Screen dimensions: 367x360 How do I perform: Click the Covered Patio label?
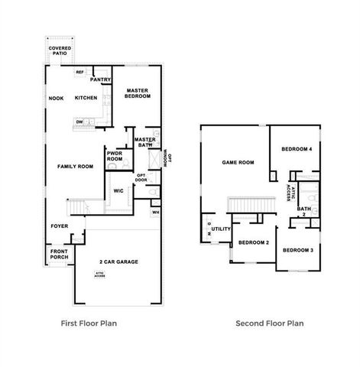point(60,50)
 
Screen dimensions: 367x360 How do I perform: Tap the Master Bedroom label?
point(138,93)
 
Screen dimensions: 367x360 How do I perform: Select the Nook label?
point(56,98)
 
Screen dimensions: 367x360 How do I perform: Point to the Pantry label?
point(101,79)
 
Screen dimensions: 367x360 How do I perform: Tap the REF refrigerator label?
point(79,73)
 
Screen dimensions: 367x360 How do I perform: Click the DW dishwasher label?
point(79,122)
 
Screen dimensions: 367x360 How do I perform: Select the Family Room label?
point(75,166)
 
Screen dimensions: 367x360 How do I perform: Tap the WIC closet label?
point(118,190)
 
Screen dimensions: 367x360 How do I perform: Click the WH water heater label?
point(155,212)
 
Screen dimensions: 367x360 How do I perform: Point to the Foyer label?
point(60,226)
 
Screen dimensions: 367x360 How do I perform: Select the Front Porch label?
point(60,254)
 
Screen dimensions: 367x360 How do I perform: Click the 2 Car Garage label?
point(118,261)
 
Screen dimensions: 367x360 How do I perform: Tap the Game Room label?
point(238,162)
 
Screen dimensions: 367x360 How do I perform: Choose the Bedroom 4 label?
point(297,148)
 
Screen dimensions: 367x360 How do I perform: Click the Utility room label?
point(222,228)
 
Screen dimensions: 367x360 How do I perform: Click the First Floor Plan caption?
point(89,323)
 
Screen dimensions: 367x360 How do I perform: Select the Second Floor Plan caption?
point(270,323)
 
